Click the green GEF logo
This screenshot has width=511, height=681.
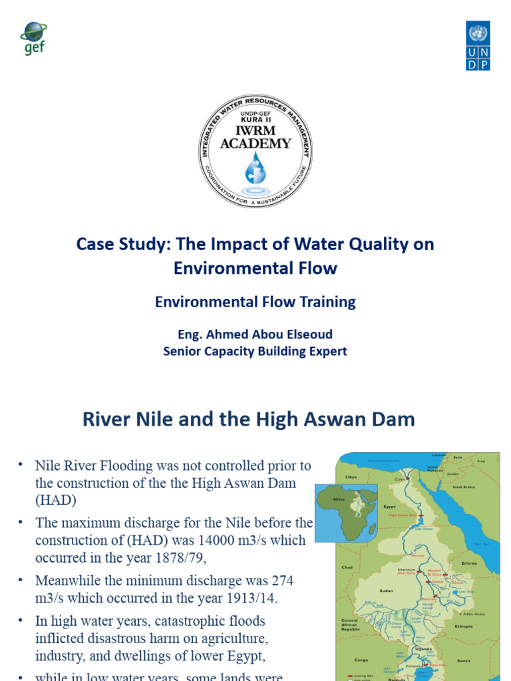click(x=33, y=39)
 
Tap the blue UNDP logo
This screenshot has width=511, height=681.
click(x=477, y=45)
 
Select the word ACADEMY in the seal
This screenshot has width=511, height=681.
click(x=256, y=143)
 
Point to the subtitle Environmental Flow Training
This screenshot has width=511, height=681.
click(x=255, y=302)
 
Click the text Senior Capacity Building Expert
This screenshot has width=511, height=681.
click(x=255, y=351)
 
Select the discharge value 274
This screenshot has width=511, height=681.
click(x=279, y=581)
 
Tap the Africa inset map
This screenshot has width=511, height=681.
click(x=346, y=511)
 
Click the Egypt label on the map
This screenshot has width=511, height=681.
click(x=389, y=507)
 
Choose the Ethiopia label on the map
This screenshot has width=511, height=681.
click(x=464, y=626)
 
